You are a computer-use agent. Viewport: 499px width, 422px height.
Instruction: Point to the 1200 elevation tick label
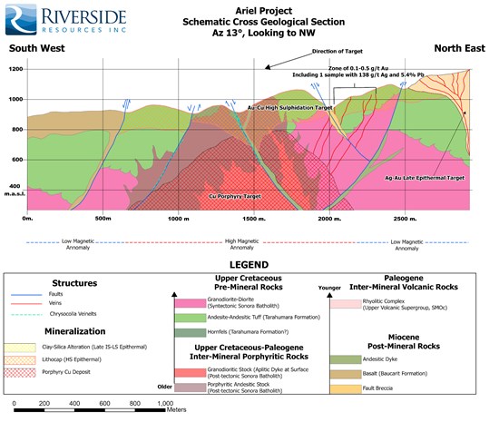[15, 69]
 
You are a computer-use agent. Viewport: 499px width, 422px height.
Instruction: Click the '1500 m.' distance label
[254, 221]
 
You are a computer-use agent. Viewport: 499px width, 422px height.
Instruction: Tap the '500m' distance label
[103, 221]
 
